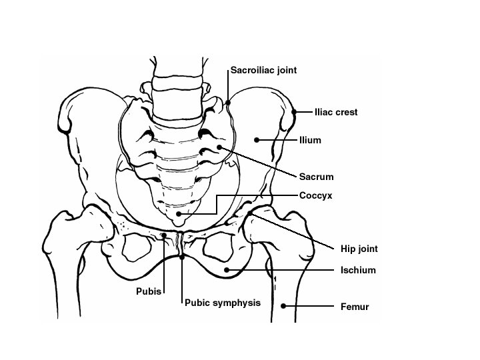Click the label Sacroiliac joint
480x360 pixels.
click(x=263, y=69)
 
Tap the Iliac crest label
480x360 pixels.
click(x=336, y=113)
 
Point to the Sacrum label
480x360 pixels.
click(x=316, y=177)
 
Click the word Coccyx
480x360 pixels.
click(x=315, y=195)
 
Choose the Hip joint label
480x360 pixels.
click(x=355, y=249)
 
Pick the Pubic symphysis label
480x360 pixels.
click(x=222, y=303)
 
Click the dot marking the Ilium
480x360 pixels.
click(x=257, y=140)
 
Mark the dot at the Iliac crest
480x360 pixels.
click(x=293, y=112)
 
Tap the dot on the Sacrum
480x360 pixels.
click(x=219, y=147)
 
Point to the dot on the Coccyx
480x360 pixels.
click(x=179, y=213)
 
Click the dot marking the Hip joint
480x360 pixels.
click(x=250, y=213)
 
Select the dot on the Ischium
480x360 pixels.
click(x=227, y=269)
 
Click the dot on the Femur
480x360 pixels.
click(x=283, y=307)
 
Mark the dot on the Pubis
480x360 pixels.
click(x=164, y=235)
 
